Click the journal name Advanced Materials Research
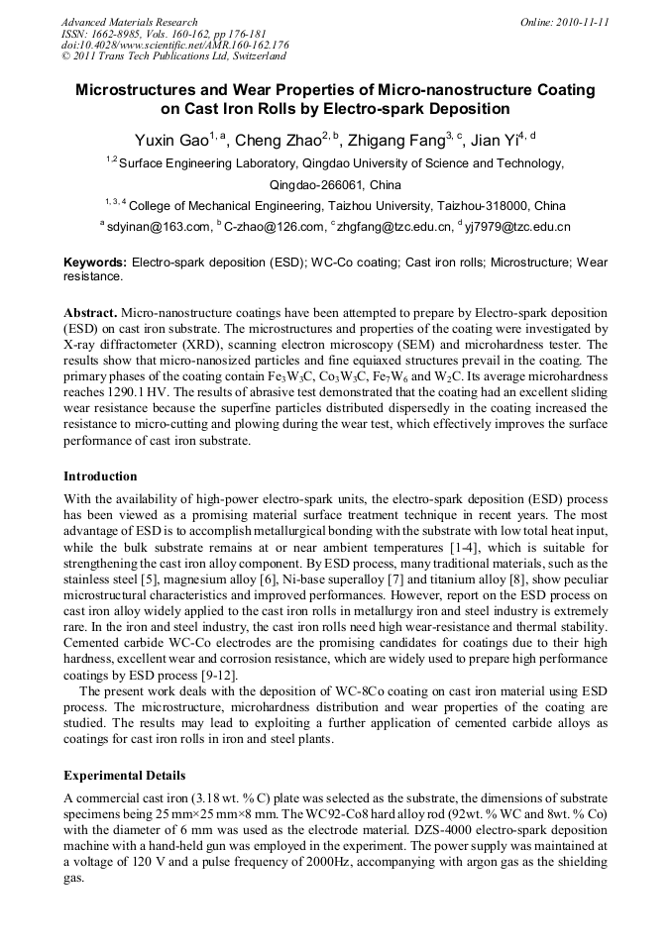[x=129, y=22]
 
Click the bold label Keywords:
[x=95, y=263]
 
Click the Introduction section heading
[x=100, y=476]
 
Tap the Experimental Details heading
[x=124, y=775]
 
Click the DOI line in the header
[x=175, y=46]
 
